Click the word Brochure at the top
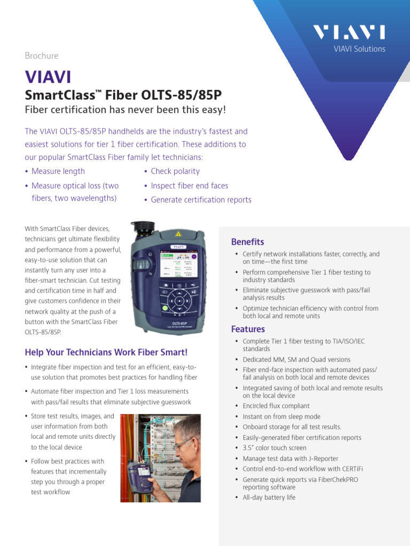42,55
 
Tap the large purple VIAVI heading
48,77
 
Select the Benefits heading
247,242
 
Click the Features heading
247,329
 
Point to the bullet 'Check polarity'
175,171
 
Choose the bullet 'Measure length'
58,171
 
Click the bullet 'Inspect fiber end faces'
189,186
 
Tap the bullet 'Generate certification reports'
201,200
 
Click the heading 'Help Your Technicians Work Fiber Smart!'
106,352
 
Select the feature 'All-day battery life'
269,497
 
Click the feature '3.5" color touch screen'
274,448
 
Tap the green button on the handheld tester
165,308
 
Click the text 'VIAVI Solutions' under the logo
359,49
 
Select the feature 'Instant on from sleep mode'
281,416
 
